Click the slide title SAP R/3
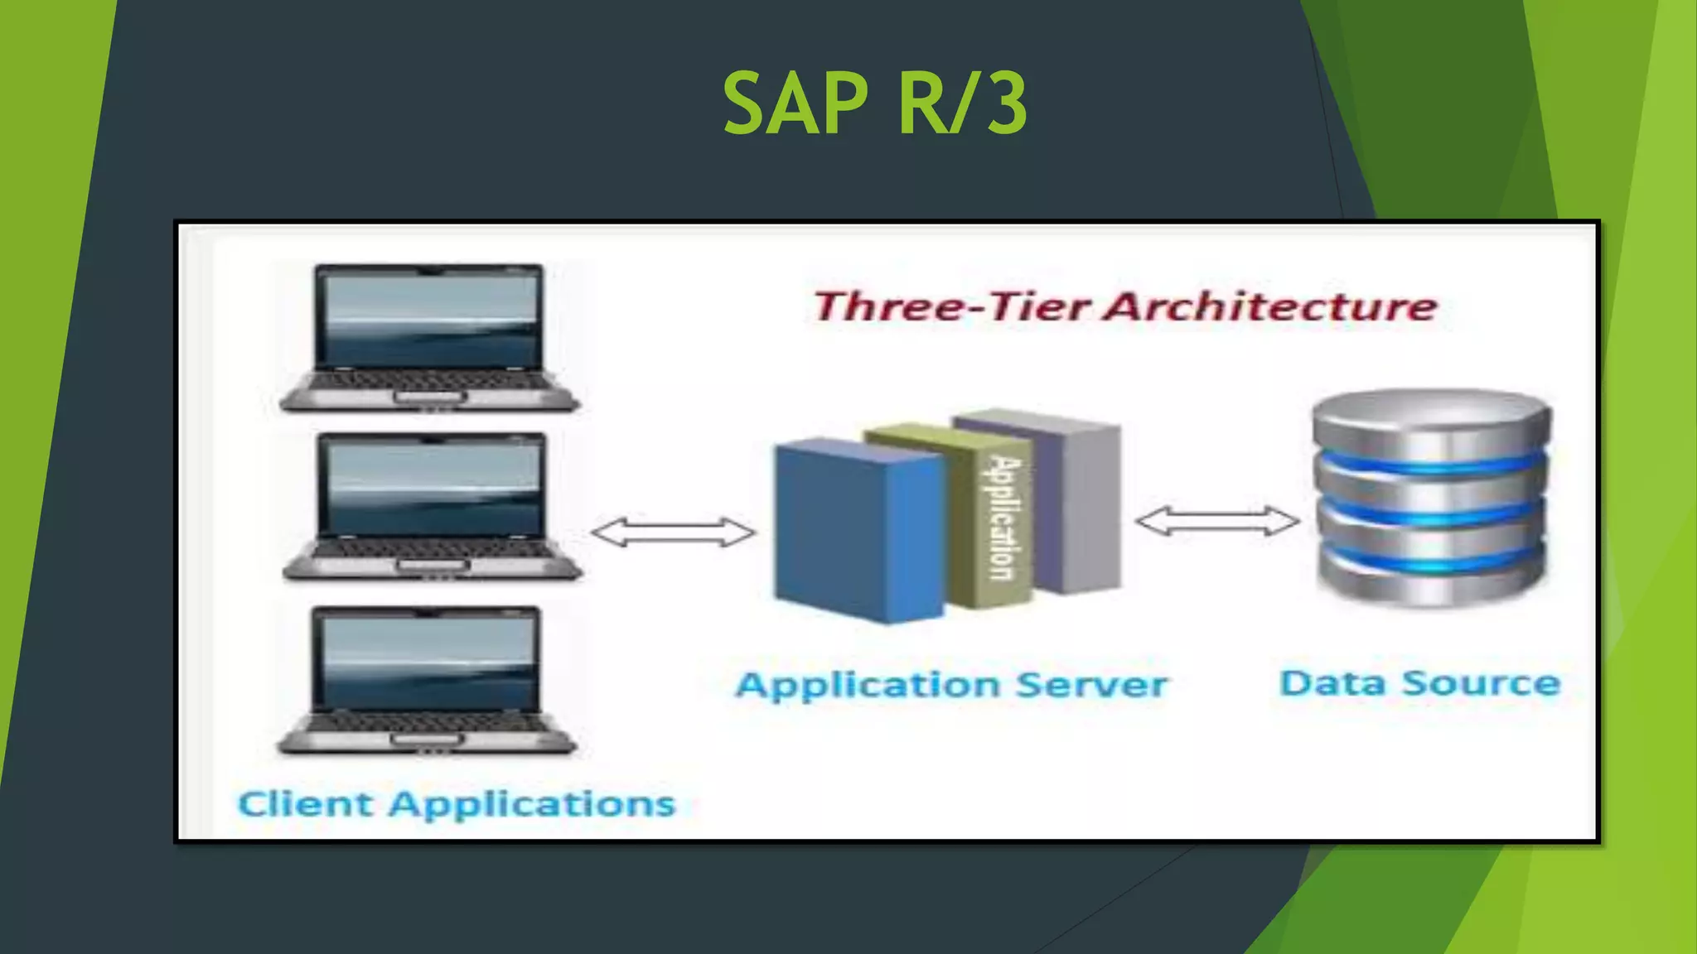pos(875,104)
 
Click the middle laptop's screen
pos(432,489)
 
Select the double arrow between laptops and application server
pos(673,532)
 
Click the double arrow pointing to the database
pos(1216,522)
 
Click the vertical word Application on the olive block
pos(1003,518)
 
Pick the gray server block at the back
pos(1090,505)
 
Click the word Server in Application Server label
pos(1091,685)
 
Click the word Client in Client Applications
pos(305,804)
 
